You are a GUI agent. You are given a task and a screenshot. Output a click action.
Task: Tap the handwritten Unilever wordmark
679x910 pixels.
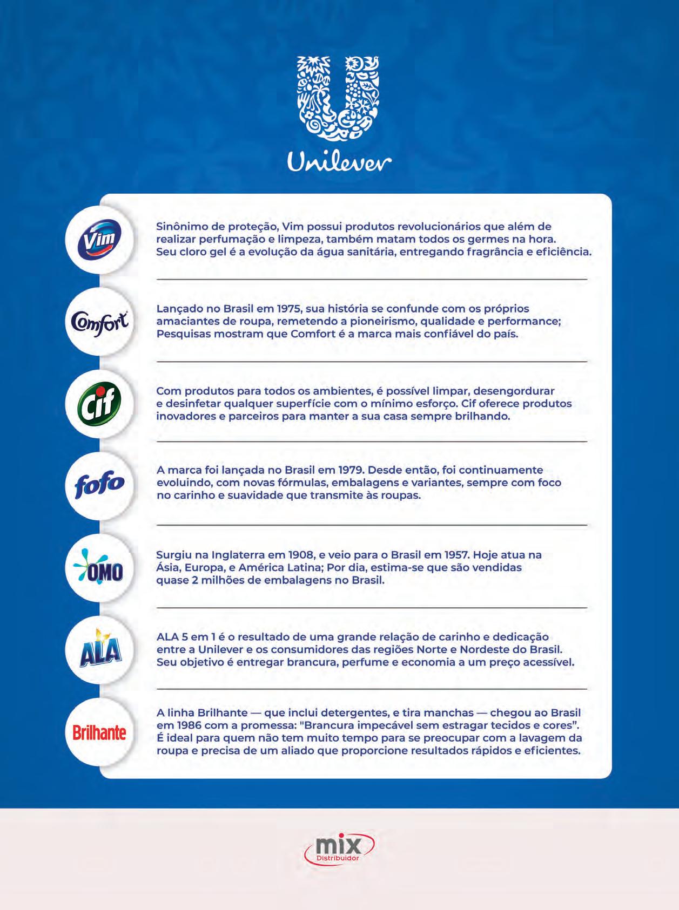pos(339,162)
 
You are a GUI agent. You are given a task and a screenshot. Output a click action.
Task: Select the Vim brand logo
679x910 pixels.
pos(100,239)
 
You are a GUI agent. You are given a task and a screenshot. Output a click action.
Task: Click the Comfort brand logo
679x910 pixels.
pos(100,322)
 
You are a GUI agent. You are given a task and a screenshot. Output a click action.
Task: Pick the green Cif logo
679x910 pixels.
pos(100,403)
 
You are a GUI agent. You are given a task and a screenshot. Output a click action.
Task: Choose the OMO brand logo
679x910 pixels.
pos(100,568)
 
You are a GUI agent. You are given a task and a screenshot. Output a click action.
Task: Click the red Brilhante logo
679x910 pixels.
pos(100,732)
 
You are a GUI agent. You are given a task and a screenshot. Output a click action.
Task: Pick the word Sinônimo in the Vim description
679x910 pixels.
pos(181,227)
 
